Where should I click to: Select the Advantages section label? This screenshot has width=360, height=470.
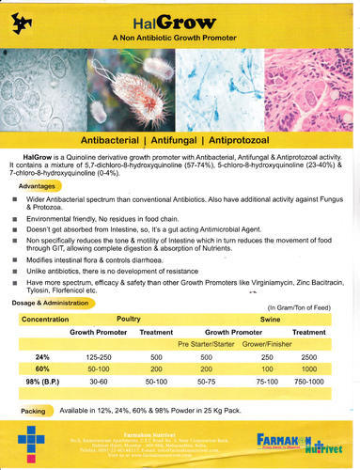pos(37,187)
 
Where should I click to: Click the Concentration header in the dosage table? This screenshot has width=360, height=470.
pos(48,319)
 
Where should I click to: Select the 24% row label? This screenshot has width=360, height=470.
pos(41,357)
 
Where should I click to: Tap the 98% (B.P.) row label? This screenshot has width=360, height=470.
pos(44,383)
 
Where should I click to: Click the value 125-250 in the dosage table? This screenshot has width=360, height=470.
pos(99,357)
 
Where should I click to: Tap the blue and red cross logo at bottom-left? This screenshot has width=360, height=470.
pos(32,441)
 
